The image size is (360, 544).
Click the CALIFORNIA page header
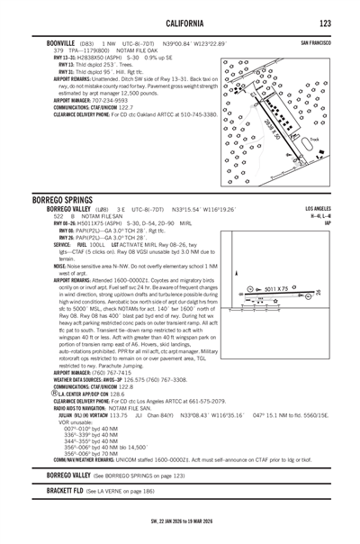(x=179, y=21)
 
